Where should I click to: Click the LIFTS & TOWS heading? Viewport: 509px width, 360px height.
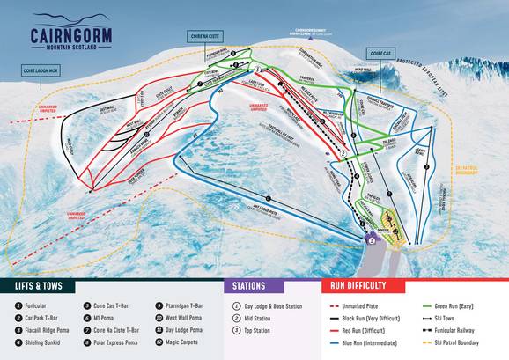pos(43,286)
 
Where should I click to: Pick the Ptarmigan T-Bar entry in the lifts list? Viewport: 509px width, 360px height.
pos(190,305)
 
